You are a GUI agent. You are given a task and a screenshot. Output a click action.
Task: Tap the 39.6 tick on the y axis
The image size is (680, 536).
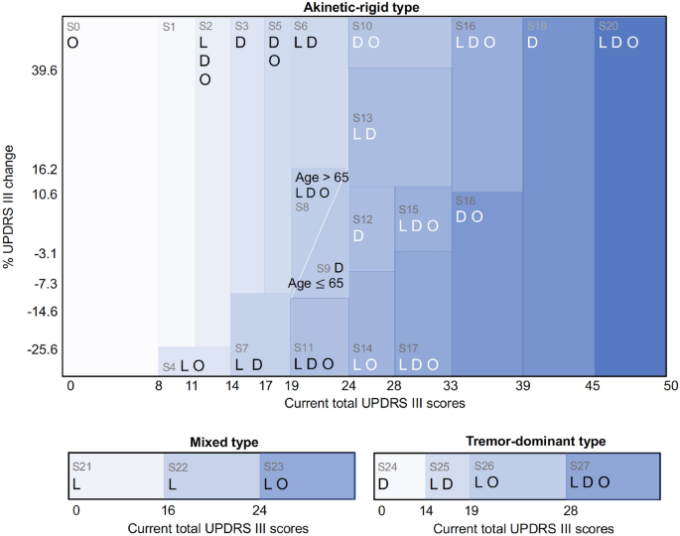coord(46,71)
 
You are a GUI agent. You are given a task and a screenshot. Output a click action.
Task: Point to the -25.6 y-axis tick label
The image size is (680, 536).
coord(43,349)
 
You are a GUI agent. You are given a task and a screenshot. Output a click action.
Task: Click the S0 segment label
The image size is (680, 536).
coord(73,26)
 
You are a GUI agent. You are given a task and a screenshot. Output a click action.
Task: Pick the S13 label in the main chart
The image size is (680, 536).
coord(363,117)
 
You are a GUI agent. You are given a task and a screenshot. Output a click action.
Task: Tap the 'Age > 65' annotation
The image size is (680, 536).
coord(322,177)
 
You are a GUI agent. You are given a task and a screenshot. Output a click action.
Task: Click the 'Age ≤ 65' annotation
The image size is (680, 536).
coord(316,284)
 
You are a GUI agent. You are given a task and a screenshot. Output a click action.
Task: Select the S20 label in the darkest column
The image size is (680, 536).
coord(609,26)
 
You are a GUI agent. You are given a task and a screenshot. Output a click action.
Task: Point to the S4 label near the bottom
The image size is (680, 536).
coord(170,367)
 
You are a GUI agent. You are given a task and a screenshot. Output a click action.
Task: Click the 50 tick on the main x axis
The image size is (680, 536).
coord(671,386)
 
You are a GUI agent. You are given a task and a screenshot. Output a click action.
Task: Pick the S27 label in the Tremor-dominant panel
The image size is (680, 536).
coord(580,465)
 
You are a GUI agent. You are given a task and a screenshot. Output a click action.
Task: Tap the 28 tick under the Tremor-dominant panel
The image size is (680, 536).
coord(567,512)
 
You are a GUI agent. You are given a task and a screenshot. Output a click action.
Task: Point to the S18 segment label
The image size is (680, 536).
coord(465,201)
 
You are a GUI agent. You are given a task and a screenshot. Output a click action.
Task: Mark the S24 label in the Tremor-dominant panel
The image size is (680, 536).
coord(388,465)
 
